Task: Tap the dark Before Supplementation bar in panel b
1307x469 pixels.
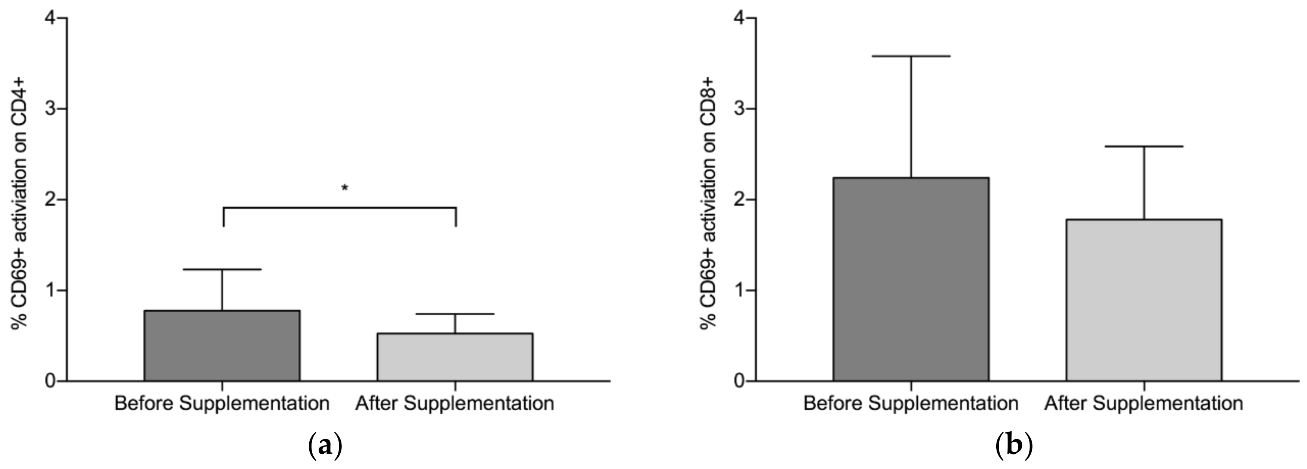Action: [x=911, y=279]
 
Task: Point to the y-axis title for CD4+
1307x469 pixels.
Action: [x=20, y=199]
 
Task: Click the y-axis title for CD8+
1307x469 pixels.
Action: [x=709, y=199]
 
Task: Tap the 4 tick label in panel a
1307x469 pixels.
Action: [x=49, y=18]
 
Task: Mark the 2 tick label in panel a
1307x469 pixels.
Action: [x=49, y=199]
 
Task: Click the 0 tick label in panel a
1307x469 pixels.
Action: [x=49, y=381]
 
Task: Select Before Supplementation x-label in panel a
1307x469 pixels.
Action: [x=222, y=404]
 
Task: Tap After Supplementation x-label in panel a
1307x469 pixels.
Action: [x=455, y=404]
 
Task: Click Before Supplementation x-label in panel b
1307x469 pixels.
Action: [x=911, y=404]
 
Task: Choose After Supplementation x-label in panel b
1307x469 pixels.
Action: [x=1144, y=404]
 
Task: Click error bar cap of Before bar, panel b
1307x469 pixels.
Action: [x=911, y=56]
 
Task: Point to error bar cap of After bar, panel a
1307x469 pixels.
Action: [x=455, y=314]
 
